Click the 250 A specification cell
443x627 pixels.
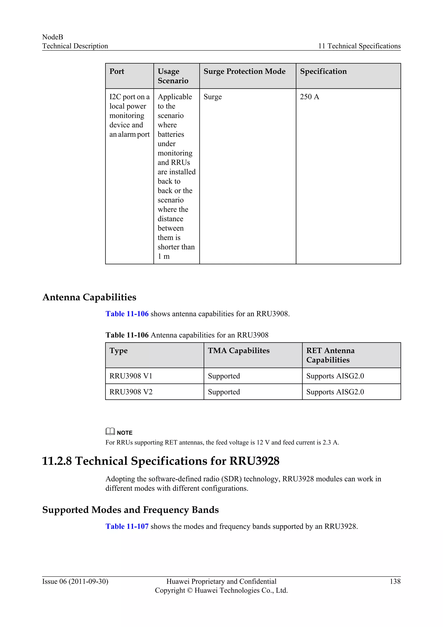pos(309,97)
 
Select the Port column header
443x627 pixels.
pos(117,71)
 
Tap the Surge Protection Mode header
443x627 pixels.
pos(244,71)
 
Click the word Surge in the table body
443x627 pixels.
pos(212,97)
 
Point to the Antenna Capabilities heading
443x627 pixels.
pos(89,297)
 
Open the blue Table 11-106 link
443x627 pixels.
pos(127,314)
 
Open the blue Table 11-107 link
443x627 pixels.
pos(127,526)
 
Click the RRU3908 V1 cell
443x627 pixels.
pos(131,376)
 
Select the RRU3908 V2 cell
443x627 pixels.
pos(131,392)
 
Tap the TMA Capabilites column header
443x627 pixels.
pos(238,351)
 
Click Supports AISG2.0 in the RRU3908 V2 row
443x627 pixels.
pos(335,392)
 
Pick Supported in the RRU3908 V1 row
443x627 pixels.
pos(224,376)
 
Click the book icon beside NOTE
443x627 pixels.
pos(110,431)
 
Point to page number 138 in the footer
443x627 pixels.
pos(395,581)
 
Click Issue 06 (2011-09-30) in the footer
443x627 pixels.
pos(75,581)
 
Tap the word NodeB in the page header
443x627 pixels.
pos(53,37)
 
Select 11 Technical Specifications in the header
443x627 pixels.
pos(359,46)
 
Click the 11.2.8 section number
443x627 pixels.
pos(57,461)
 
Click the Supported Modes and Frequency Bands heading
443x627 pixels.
pos(130,510)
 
